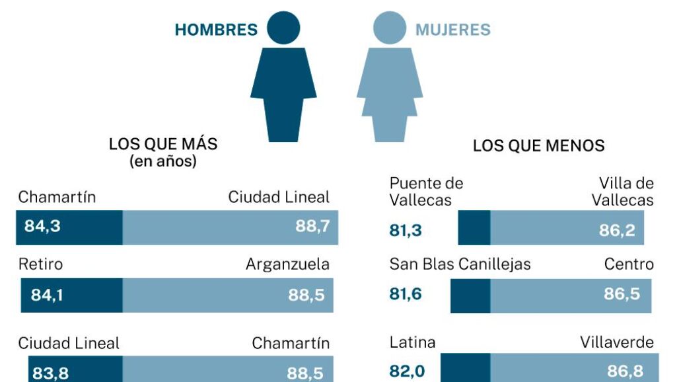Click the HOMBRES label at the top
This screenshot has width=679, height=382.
point(216,30)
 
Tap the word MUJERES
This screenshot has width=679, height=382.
point(452,30)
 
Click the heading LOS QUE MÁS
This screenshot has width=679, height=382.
point(162,144)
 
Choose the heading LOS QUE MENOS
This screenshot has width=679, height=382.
point(538,145)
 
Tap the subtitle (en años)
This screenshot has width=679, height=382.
point(162,161)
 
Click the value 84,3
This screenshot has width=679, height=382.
point(42,226)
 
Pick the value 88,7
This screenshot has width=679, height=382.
point(312,227)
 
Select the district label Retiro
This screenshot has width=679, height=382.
point(40,264)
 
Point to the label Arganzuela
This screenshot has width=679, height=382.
point(287,264)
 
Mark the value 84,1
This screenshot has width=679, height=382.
point(48,295)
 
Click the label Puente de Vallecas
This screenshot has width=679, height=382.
point(426,191)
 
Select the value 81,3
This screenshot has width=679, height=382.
point(406,231)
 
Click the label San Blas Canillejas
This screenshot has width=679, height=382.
point(460,264)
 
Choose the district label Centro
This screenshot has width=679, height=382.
point(629,264)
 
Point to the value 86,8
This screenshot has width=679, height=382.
point(625,370)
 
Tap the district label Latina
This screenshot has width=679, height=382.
point(412,342)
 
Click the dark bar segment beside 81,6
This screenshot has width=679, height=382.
point(470,295)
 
